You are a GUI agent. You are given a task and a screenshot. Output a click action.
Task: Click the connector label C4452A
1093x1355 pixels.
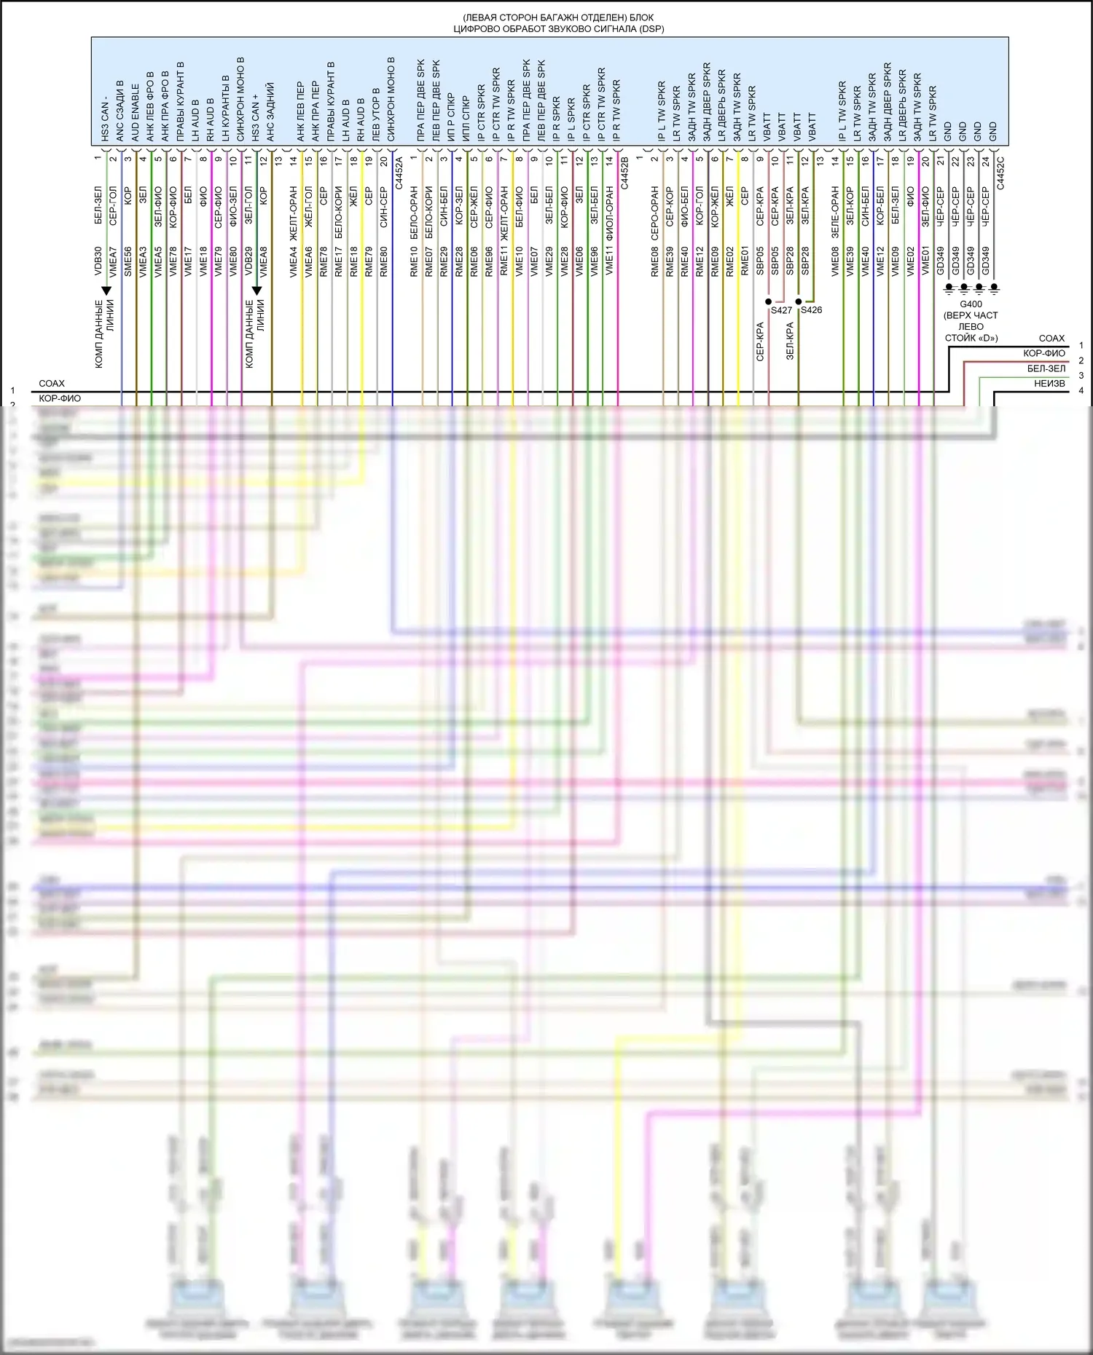pyautogui.click(x=399, y=173)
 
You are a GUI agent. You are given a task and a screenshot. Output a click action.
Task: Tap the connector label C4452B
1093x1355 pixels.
pyautogui.click(x=624, y=173)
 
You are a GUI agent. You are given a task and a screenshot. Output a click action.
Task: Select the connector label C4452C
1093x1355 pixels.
pyautogui.click(x=1000, y=173)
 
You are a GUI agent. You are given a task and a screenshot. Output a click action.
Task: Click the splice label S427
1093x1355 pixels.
pyautogui.click(x=781, y=310)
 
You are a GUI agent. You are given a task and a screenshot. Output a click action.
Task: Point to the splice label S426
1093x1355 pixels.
pyautogui.click(x=811, y=310)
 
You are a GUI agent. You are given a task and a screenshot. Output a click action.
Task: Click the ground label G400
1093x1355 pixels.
pyautogui.click(x=971, y=304)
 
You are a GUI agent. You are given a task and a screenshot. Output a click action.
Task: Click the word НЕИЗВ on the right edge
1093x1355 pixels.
pyautogui.click(x=1049, y=383)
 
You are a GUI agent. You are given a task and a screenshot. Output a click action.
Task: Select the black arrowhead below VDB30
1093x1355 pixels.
pyautogui.click(x=106, y=291)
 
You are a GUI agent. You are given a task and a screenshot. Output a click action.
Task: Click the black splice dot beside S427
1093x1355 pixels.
pyautogui.click(x=769, y=301)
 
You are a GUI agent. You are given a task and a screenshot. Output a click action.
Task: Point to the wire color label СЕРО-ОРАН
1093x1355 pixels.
pyautogui.click(x=654, y=212)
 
